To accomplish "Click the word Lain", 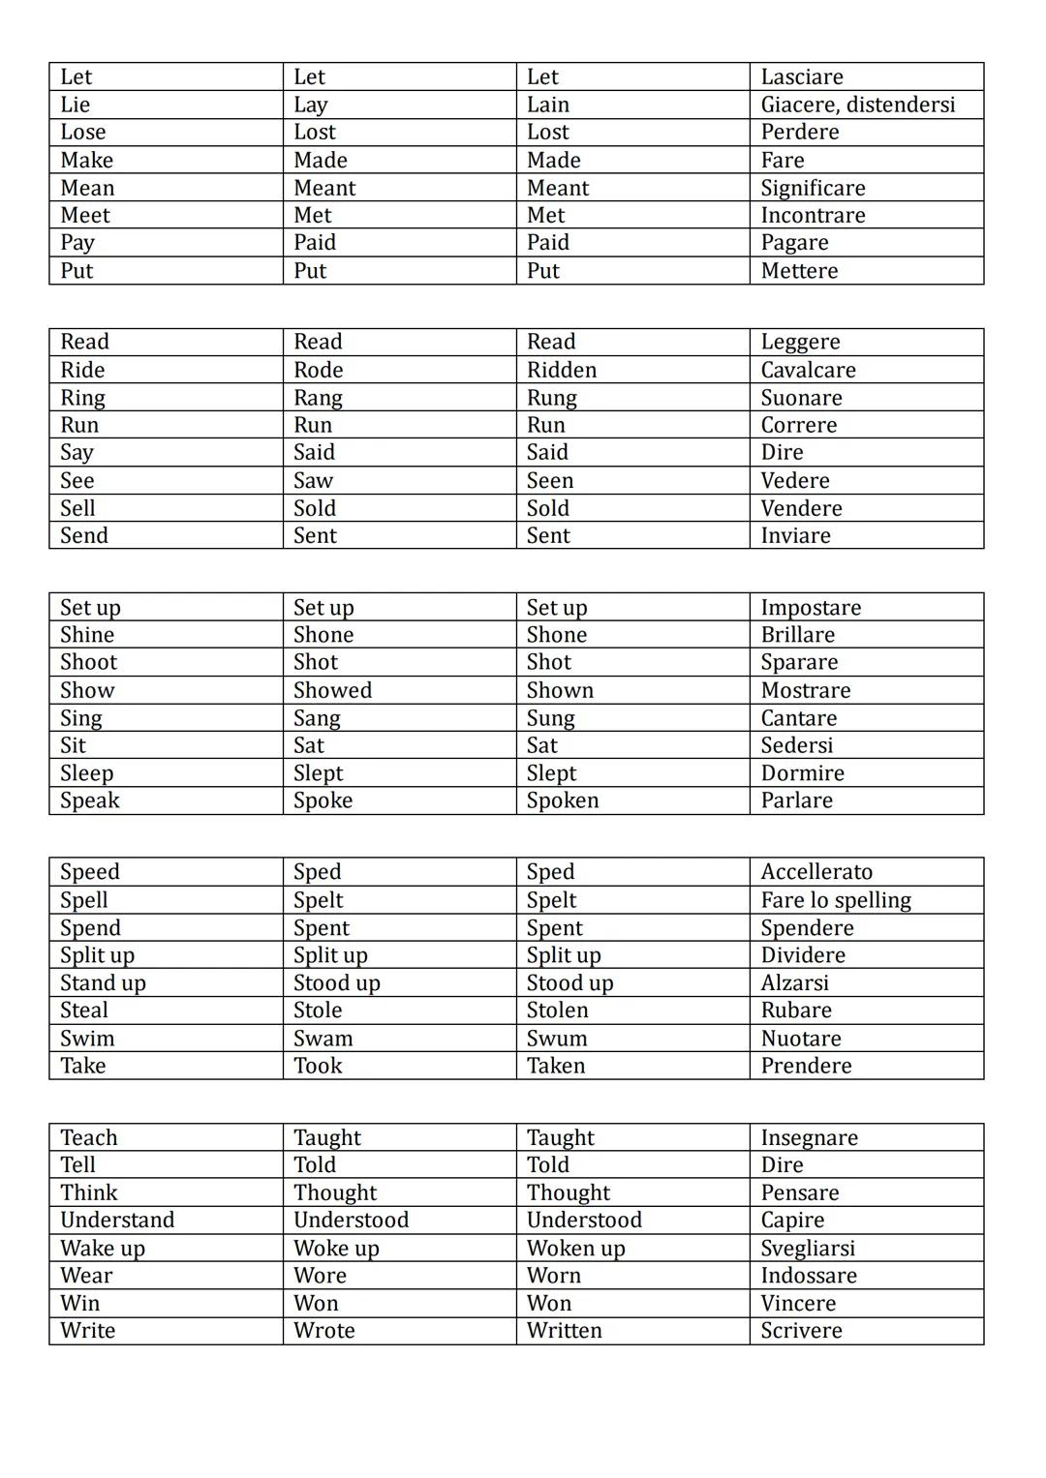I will [548, 105].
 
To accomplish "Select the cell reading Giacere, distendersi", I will [857, 105].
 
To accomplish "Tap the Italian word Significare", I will [813, 188].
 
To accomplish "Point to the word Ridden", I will [562, 370].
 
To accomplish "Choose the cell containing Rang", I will [318, 398].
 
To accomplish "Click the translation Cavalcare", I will [808, 370].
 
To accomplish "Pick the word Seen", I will [550, 481].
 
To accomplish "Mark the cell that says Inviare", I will [795, 536].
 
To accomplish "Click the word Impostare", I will [811, 608].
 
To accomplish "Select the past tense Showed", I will [332, 690].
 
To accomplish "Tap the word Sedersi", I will [796, 745].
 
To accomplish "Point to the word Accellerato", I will [816, 872].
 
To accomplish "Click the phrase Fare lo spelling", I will [836, 900].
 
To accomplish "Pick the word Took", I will [318, 1066].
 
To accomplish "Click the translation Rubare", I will [796, 1010].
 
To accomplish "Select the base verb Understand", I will [117, 1220].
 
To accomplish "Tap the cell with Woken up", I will [576, 1249].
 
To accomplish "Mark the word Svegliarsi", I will [808, 1249].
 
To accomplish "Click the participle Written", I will [564, 1331].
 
